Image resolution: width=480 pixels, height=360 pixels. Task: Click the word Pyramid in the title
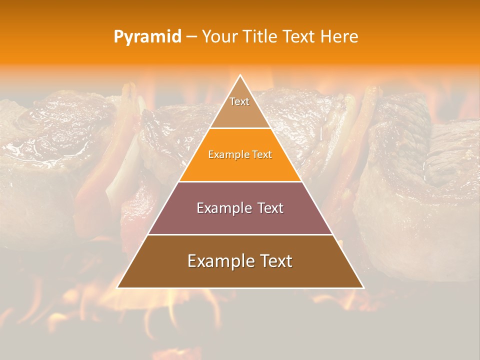[x=147, y=37]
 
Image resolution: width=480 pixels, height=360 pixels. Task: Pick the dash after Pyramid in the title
[x=191, y=37]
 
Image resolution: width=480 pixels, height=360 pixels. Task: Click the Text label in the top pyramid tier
[x=239, y=101]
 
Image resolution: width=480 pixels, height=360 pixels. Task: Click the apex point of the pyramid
[x=240, y=75]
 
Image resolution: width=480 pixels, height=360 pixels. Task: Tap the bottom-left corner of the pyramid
[x=117, y=287]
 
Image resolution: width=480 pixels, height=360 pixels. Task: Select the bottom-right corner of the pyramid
[x=363, y=287]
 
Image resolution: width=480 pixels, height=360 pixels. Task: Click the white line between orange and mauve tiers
[x=240, y=181]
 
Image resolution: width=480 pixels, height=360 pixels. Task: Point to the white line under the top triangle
[x=240, y=128]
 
